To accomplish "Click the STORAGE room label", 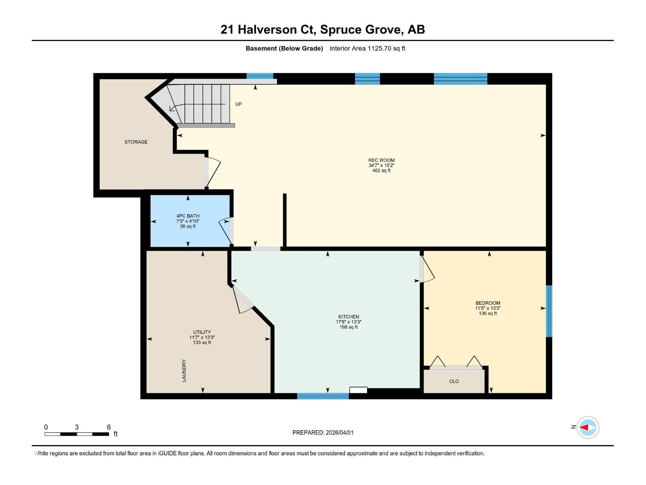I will pyautogui.click(x=136, y=142).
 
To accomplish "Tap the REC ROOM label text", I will pyautogui.click(x=381, y=160).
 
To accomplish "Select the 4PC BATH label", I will pyautogui.click(x=188, y=216).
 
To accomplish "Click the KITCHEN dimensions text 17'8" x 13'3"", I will pyautogui.click(x=348, y=322).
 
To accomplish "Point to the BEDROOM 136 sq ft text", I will pyautogui.click(x=488, y=313).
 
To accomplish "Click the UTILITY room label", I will pyautogui.click(x=202, y=332).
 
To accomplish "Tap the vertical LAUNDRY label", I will pyautogui.click(x=184, y=371).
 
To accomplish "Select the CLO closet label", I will pyautogui.click(x=454, y=381).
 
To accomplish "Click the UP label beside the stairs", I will pyautogui.click(x=239, y=104).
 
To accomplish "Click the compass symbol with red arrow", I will pyautogui.click(x=587, y=427).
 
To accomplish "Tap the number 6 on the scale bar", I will pyautogui.click(x=109, y=427).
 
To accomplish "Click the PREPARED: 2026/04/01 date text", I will pyautogui.click(x=323, y=432).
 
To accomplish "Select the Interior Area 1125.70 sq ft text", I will pyautogui.click(x=367, y=48).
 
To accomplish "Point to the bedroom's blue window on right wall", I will pyautogui.click(x=549, y=311).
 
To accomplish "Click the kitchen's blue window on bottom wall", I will pyautogui.click(x=323, y=396).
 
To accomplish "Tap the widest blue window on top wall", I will pyautogui.click(x=460, y=78).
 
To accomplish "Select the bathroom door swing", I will pyautogui.click(x=225, y=231).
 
